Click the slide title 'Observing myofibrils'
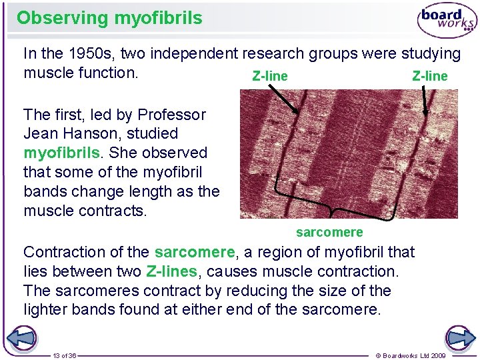(x=109, y=18)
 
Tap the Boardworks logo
(x=447, y=21)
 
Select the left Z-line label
(x=270, y=76)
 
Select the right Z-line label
(x=430, y=76)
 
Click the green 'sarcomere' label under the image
(x=329, y=232)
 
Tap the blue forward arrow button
(x=459, y=338)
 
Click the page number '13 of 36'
(x=65, y=355)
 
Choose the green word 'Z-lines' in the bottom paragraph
(x=171, y=271)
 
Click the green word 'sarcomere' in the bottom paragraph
(x=194, y=252)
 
